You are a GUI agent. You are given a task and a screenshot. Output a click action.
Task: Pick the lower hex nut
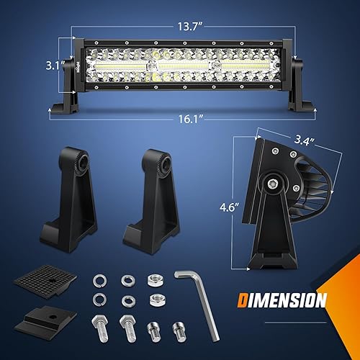coord(153,298)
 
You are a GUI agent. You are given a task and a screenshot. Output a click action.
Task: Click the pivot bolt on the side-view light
coord(275,184)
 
